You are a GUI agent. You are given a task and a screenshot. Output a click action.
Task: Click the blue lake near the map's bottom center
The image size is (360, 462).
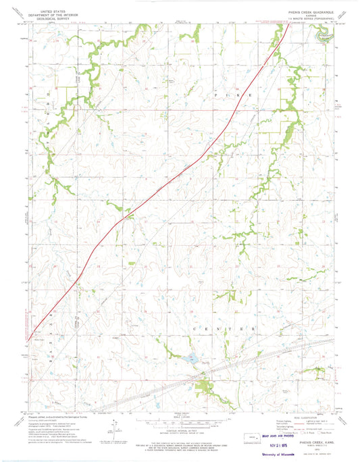(x=190, y=359)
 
